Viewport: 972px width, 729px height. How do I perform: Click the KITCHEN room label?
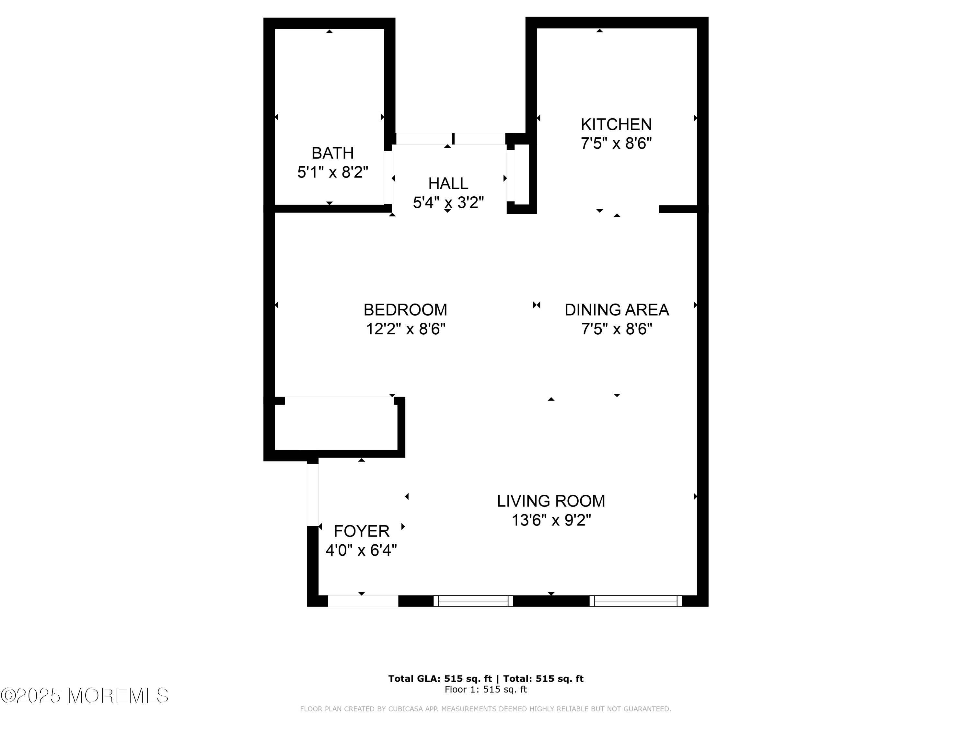616,124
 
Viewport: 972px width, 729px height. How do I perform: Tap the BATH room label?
333,153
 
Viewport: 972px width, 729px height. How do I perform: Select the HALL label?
448,183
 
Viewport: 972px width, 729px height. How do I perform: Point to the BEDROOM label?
405,310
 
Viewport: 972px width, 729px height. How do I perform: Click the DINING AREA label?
617,310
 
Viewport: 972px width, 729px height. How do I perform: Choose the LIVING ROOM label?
551,501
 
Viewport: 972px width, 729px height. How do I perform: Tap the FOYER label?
362,531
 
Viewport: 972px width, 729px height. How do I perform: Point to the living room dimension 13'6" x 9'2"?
551,520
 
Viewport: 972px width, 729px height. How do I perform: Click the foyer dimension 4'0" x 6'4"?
361,550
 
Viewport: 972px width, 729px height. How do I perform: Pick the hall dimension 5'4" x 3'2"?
448,202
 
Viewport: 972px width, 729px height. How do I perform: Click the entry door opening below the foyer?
363,601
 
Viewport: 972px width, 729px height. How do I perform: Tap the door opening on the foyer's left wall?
312,495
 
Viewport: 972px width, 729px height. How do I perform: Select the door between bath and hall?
388,178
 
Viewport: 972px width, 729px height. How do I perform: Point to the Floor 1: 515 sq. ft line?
486,689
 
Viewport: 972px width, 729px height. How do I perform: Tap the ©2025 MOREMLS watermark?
84,696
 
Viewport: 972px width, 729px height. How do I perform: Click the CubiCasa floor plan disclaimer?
486,709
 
